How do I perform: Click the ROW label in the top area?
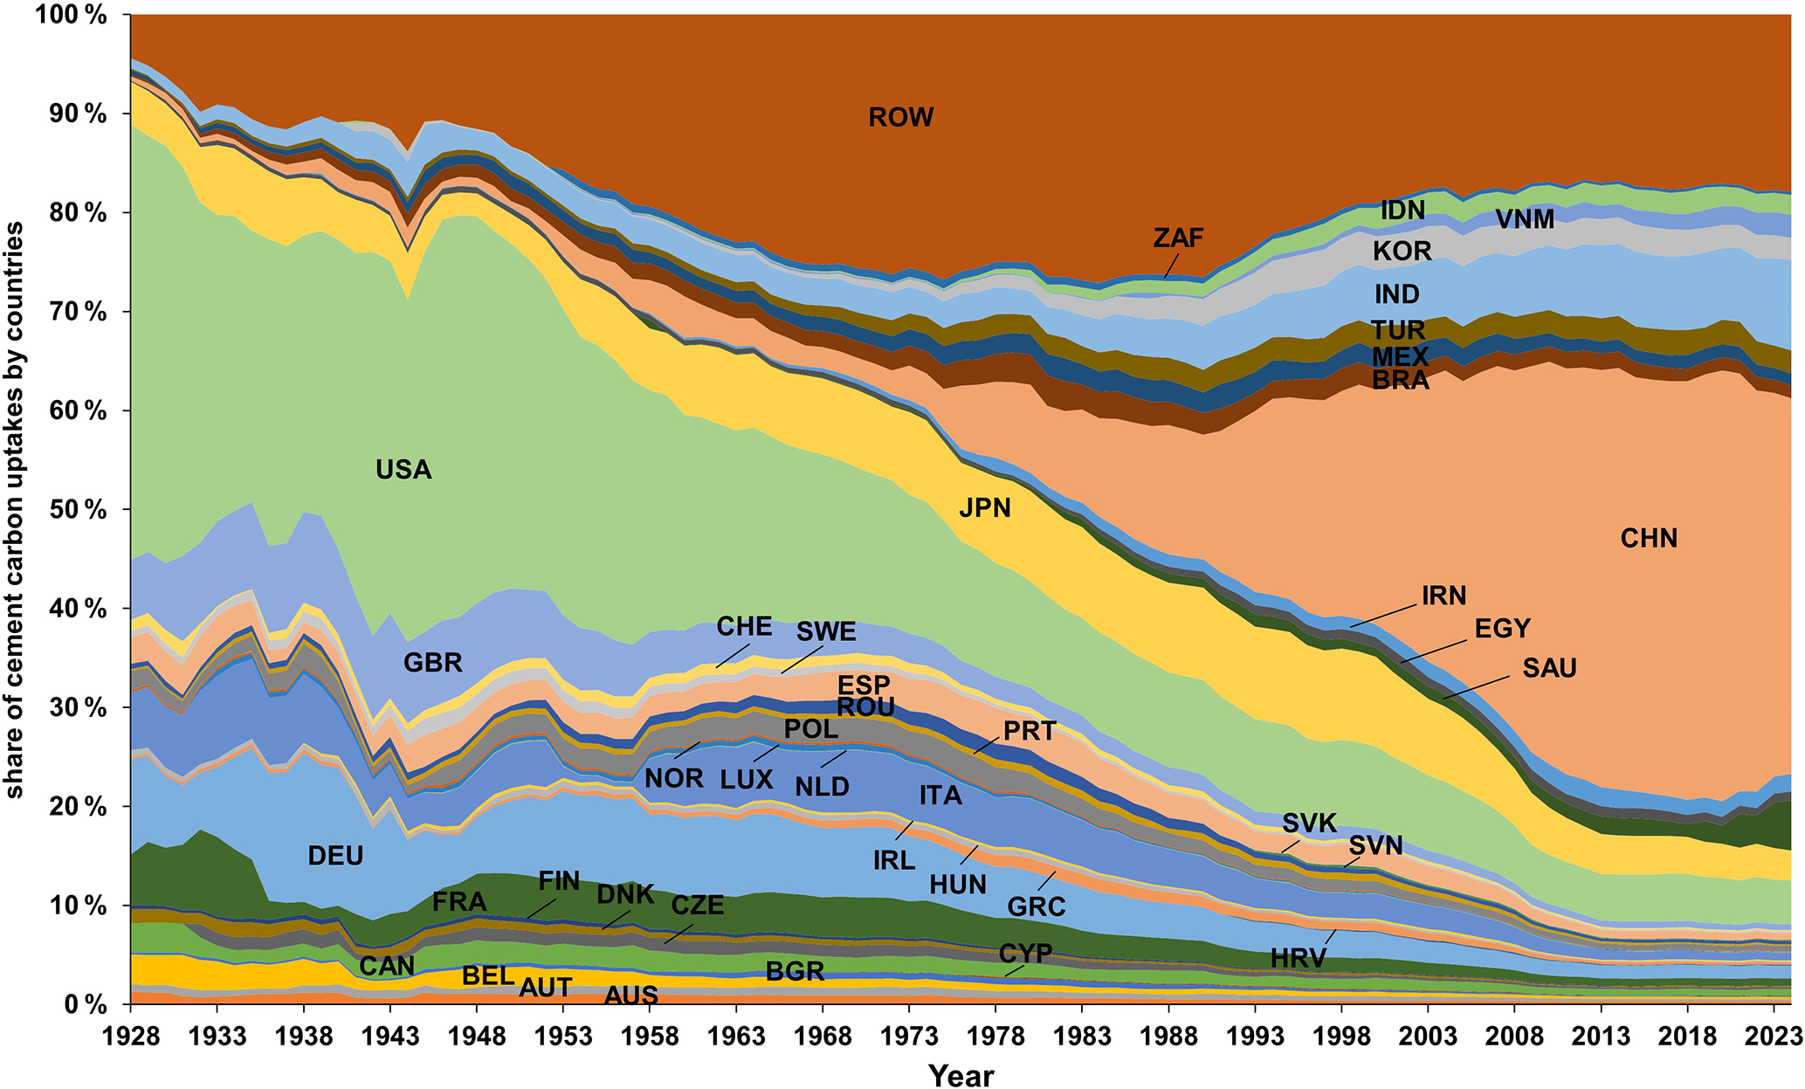tap(900, 117)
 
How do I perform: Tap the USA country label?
tap(403, 470)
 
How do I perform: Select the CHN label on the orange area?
tap(1649, 538)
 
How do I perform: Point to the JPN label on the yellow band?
tap(985, 507)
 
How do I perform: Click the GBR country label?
tap(432, 663)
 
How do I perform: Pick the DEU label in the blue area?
tap(335, 855)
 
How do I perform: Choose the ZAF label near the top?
tap(1178, 238)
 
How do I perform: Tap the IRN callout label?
tap(1443, 596)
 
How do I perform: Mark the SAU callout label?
tap(1549, 668)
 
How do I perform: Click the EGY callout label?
tap(1502, 629)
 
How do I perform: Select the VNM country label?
tap(1525, 219)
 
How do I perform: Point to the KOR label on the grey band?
tap(1402, 252)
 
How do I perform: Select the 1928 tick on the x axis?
tap(131, 1037)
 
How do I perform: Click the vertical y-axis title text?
tap(15, 510)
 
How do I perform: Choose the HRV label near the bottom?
tap(1298, 958)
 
